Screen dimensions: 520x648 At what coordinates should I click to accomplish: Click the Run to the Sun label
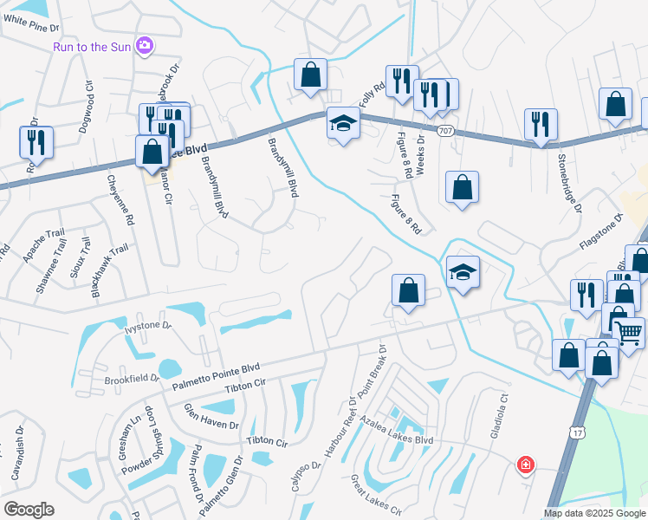click(x=94, y=46)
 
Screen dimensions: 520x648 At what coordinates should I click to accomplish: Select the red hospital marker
click(x=525, y=466)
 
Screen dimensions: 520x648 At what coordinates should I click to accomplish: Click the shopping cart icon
click(x=628, y=330)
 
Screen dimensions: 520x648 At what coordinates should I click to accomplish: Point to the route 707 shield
click(x=444, y=131)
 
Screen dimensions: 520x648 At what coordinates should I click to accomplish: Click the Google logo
click(x=29, y=510)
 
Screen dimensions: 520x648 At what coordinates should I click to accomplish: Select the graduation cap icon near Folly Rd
click(x=343, y=124)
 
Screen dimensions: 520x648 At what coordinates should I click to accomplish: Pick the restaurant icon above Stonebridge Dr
click(x=541, y=125)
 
